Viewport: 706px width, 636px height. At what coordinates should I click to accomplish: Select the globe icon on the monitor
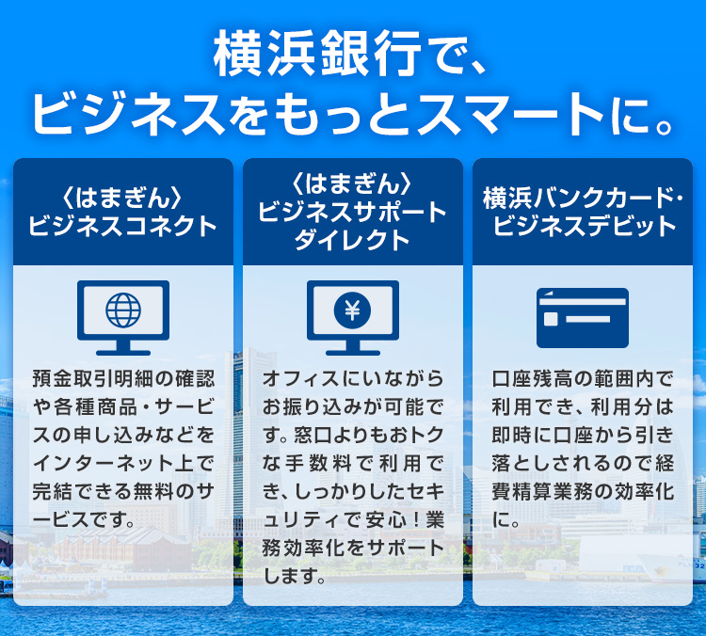(123, 310)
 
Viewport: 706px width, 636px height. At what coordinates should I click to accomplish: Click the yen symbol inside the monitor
(353, 310)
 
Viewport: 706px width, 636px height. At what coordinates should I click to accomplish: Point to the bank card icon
(582, 318)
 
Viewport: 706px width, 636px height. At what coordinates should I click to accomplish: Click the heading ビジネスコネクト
(123, 227)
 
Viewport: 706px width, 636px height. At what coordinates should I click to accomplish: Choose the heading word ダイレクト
(353, 240)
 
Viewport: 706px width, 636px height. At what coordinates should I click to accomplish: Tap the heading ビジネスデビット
(584, 227)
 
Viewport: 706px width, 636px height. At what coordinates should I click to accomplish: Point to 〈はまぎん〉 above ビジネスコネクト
(123, 199)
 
